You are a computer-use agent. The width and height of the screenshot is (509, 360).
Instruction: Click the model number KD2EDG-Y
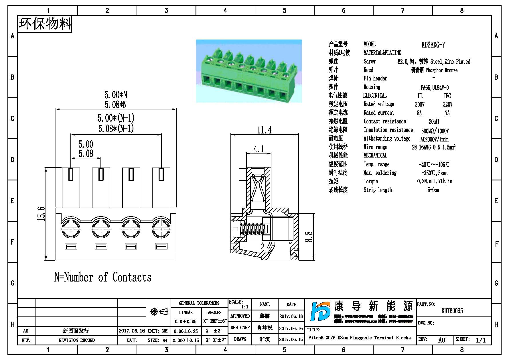point(433,45)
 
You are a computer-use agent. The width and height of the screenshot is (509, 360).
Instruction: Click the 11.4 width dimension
point(264,130)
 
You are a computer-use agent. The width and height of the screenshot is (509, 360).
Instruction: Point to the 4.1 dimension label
point(259,149)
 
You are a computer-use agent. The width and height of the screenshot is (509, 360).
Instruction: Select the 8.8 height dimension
point(309,237)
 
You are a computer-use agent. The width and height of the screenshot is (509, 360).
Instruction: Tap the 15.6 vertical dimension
point(42,214)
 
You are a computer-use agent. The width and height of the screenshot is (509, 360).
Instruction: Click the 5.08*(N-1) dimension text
point(116,129)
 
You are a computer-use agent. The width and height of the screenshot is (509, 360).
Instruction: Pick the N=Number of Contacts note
point(103,277)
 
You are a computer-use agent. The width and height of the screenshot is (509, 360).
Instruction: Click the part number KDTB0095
point(452,311)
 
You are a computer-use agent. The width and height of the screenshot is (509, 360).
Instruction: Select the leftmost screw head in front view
point(71,229)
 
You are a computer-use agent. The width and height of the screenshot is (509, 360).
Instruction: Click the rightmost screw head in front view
point(161,229)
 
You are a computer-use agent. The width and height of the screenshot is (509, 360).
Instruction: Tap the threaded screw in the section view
point(251,229)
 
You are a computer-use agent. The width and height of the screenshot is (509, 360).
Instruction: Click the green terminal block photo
point(249,71)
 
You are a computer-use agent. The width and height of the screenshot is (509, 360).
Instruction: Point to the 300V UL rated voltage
point(420,105)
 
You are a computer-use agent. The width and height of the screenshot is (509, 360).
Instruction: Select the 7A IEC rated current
point(447,113)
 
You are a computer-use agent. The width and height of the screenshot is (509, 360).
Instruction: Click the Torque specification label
point(371,181)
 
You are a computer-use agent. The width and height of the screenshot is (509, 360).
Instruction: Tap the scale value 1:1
point(245,307)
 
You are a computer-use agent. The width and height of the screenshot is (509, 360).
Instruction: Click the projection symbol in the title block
point(159,312)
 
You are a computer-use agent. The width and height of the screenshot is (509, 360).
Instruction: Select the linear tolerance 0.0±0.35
point(186,322)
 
